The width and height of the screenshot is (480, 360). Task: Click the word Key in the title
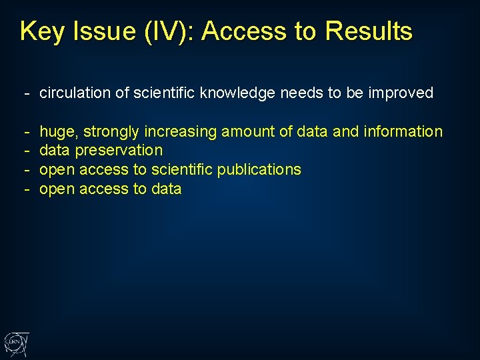pyautogui.click(x=42, y=31)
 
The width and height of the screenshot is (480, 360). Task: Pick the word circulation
pyautogui.click(x=75, y=93)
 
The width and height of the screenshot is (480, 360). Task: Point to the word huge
pyautogui.click(x=59, y=132)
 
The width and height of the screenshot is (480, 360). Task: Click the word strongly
pyautogui.click(x=111, y=132)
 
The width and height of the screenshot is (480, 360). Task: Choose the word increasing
pyautogui.click(x=180, y=132)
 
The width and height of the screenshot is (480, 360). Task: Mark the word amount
pyautogui.click(x=247, y=132)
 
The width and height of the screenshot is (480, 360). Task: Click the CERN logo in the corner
pyautogui.click(x=15, y=343)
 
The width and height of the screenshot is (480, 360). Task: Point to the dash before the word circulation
pyautogui.click(x=27, y=93)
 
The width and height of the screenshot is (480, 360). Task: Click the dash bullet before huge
pyautogui.click(x=27, y=132)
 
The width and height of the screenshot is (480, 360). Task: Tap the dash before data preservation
pyautogui.click(x=27, y=151)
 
